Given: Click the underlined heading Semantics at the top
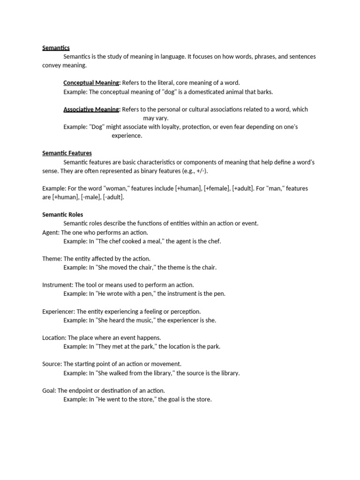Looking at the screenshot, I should coord(56,48).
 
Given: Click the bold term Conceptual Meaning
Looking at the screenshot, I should coord(92,83).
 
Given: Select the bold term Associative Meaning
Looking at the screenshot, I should coord(92,110).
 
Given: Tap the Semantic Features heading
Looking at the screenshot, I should coord(67,153).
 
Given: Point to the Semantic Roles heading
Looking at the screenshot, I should coord(62,215).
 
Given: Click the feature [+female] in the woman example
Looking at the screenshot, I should coord(217,188).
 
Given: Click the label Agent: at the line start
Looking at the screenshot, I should coord(51,232).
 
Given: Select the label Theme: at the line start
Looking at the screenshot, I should coord(52,259).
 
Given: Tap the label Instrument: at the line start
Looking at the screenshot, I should coord(58,285).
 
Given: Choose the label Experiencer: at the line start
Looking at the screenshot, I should coord(59,312).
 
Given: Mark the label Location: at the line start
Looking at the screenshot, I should coord(54,338).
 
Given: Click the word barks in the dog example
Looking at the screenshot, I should coord(264,92).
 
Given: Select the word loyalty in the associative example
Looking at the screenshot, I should coord(169,127).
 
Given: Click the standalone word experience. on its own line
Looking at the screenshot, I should coord(127,136).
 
